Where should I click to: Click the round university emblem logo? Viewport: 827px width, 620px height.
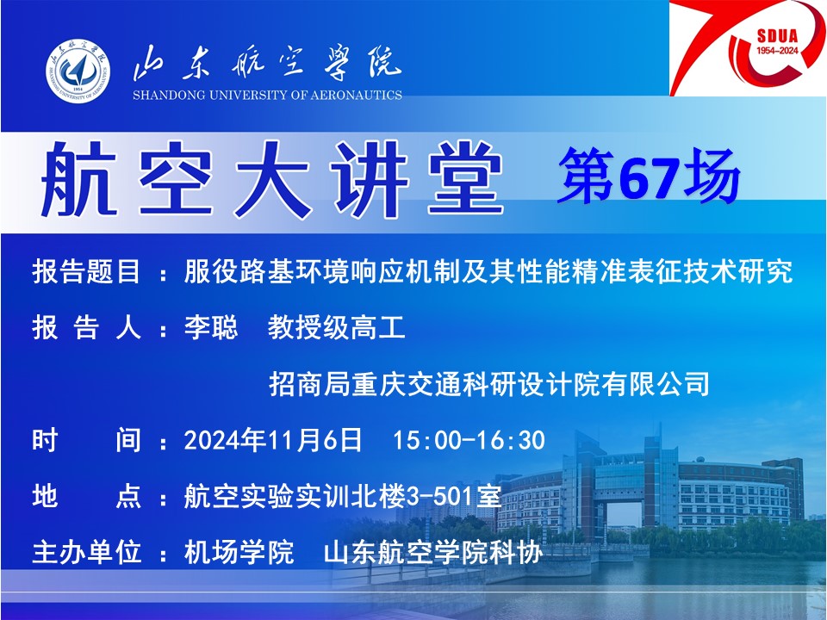coord(78,70)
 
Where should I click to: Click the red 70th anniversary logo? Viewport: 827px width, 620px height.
coord(748,48)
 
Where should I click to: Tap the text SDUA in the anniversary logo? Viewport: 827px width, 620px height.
coord(777,36)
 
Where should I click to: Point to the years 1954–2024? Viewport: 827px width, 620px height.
coord(777,51)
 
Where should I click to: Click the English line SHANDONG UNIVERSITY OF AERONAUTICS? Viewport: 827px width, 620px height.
coord(267,96)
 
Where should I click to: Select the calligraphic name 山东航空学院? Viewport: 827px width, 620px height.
coord(267,63)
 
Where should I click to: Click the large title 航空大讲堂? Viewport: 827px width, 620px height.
coord(272,179)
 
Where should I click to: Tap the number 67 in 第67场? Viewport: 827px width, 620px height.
coord(648,177)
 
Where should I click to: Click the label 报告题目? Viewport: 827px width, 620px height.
coord(86,272)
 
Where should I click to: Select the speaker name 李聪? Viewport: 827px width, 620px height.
coord(211,327)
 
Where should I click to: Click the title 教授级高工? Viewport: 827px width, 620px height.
coord(337,327)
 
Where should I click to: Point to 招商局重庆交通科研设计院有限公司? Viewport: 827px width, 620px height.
coord(489,384)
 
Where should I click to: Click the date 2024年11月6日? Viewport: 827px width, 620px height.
coord(273,440)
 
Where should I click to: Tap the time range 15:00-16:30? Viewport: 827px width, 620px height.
coord(469,440)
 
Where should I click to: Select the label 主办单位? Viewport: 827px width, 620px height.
coord(86,552)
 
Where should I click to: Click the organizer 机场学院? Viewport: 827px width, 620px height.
coord(239,552)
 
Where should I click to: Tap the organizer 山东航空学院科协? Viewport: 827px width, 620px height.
coord(433,552)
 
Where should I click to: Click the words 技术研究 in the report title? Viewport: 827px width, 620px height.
coord(738,272)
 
